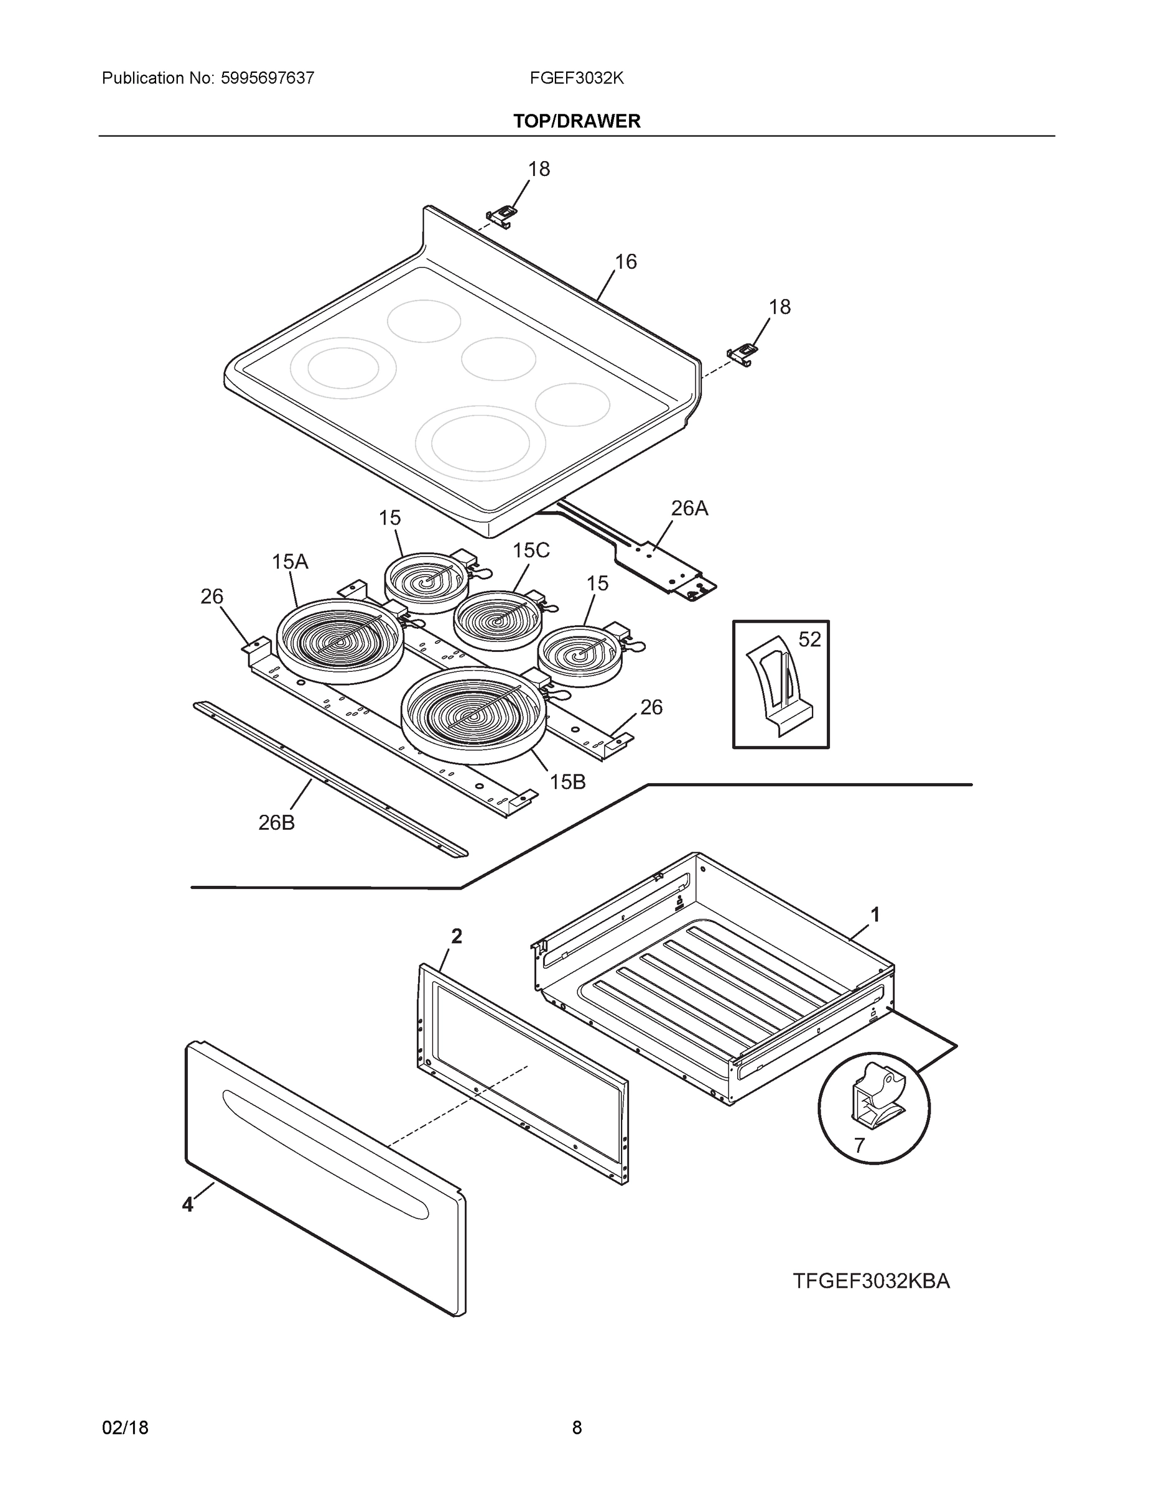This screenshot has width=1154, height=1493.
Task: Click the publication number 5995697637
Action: pos(268,78)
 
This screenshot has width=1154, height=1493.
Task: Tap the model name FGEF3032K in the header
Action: pos(576,78)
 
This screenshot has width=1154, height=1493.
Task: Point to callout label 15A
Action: pos(290,562)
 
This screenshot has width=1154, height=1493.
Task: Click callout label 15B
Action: pos(567,782)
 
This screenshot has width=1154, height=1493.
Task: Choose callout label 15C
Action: pos(531,551)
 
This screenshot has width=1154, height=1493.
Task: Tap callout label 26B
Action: pos(276,823)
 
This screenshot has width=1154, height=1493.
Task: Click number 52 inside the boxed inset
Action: pos(809,639)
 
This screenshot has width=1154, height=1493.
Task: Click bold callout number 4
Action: pos(187,1204)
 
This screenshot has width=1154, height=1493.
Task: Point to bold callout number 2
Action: pos(457,936)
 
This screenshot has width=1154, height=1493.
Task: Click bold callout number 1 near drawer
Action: pos(875,914)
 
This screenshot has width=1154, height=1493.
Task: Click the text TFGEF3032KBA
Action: pos(871,1281)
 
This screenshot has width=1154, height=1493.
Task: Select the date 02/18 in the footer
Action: pos(125,1428)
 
